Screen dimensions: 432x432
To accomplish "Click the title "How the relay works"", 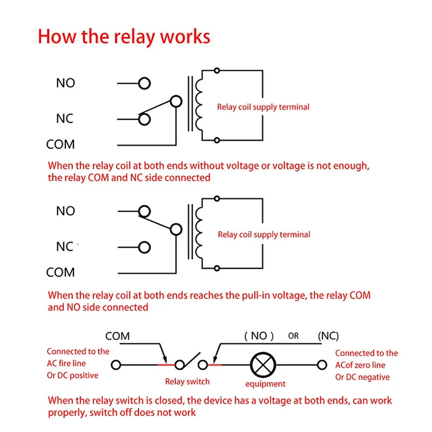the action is [x=124, y=37].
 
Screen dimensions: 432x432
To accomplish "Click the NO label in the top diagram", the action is [x=65, y=83].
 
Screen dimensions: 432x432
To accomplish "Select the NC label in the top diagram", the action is [x=65, y=119].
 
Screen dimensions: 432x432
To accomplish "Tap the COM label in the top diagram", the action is [x=60, y=144].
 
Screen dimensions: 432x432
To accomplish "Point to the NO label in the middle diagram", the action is [x=65, y=211].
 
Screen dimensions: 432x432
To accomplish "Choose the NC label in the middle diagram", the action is [x=65, y=247].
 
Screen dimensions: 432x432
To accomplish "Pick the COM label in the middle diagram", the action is [x=60, y=273].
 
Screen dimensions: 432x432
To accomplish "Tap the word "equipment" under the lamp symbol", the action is [x=265, y=384].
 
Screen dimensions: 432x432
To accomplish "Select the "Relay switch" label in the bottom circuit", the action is [x=187, y=382].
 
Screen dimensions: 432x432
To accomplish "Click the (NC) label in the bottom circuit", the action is [x=328, y=336].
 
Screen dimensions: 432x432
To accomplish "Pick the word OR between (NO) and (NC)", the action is [x=293, y=336].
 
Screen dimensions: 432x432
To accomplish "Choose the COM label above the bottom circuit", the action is [x=117, y=336].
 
